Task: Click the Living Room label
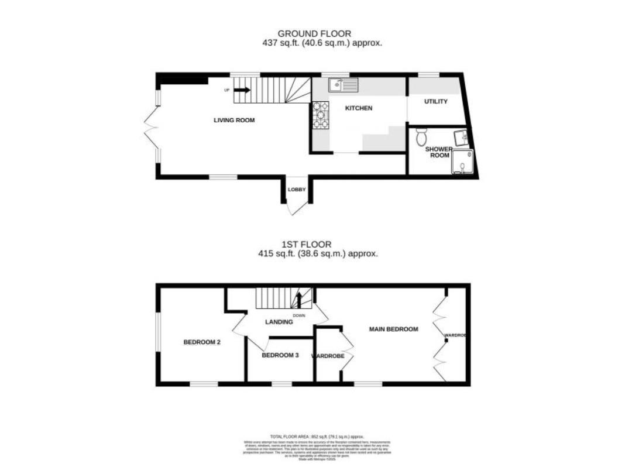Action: [x=234, y=120]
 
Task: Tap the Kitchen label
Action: [x=359, y=108]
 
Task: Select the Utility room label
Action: [x=436, y=102]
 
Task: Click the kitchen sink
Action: [x=343, y=85]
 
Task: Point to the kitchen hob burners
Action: [x=321, y=115]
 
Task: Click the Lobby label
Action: [x=297, y=190]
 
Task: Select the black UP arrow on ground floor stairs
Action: [x=242, y=90]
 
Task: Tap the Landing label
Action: [x=279, y=322]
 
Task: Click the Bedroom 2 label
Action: [x=202, y=342]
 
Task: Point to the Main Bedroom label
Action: [x=393, y=329]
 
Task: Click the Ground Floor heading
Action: [x=314, y=34]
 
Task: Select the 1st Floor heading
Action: [x=314, y=245]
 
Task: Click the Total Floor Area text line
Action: [x=317, y=437]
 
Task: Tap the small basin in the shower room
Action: [x=463, y=137]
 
